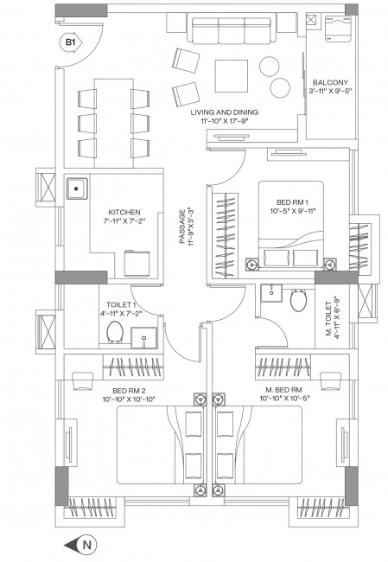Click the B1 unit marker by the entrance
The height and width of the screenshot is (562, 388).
click(x=71, y=42)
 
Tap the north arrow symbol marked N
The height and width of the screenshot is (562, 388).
click(x=80, y=545)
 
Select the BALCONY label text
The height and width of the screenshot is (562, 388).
click(x=330, y=82)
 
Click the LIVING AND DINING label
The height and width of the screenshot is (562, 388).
click(x=225, y=112)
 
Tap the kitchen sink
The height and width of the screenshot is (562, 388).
click(x=77, y=188)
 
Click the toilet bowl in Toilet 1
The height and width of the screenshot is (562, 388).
click(x=115, y=332)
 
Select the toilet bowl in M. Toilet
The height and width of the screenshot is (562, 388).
click(x=298, y=300)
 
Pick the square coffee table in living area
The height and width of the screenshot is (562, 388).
click(x=231, y=76)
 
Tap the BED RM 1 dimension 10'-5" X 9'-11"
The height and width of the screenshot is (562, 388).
click(x=292, y=211)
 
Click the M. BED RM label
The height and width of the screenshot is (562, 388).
click(x=283, y=390)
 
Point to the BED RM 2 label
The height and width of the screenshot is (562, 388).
click(x=129, y=390)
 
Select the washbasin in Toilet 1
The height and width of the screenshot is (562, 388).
click(x=143, y=337)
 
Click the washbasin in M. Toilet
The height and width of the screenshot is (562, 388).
click(x=271, y=293)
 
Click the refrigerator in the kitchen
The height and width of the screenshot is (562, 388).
click(x=137, y=264)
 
